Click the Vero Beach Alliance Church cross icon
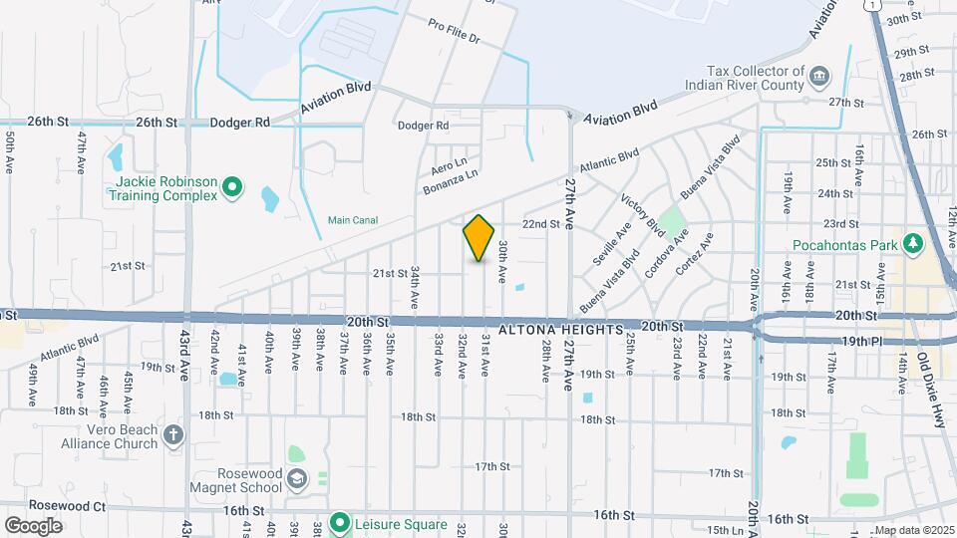173,435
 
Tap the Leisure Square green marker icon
339,522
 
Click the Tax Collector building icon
818,78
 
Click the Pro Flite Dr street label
455,33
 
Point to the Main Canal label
353,220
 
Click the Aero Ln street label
449,161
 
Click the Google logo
33,525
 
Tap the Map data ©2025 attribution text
913,530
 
